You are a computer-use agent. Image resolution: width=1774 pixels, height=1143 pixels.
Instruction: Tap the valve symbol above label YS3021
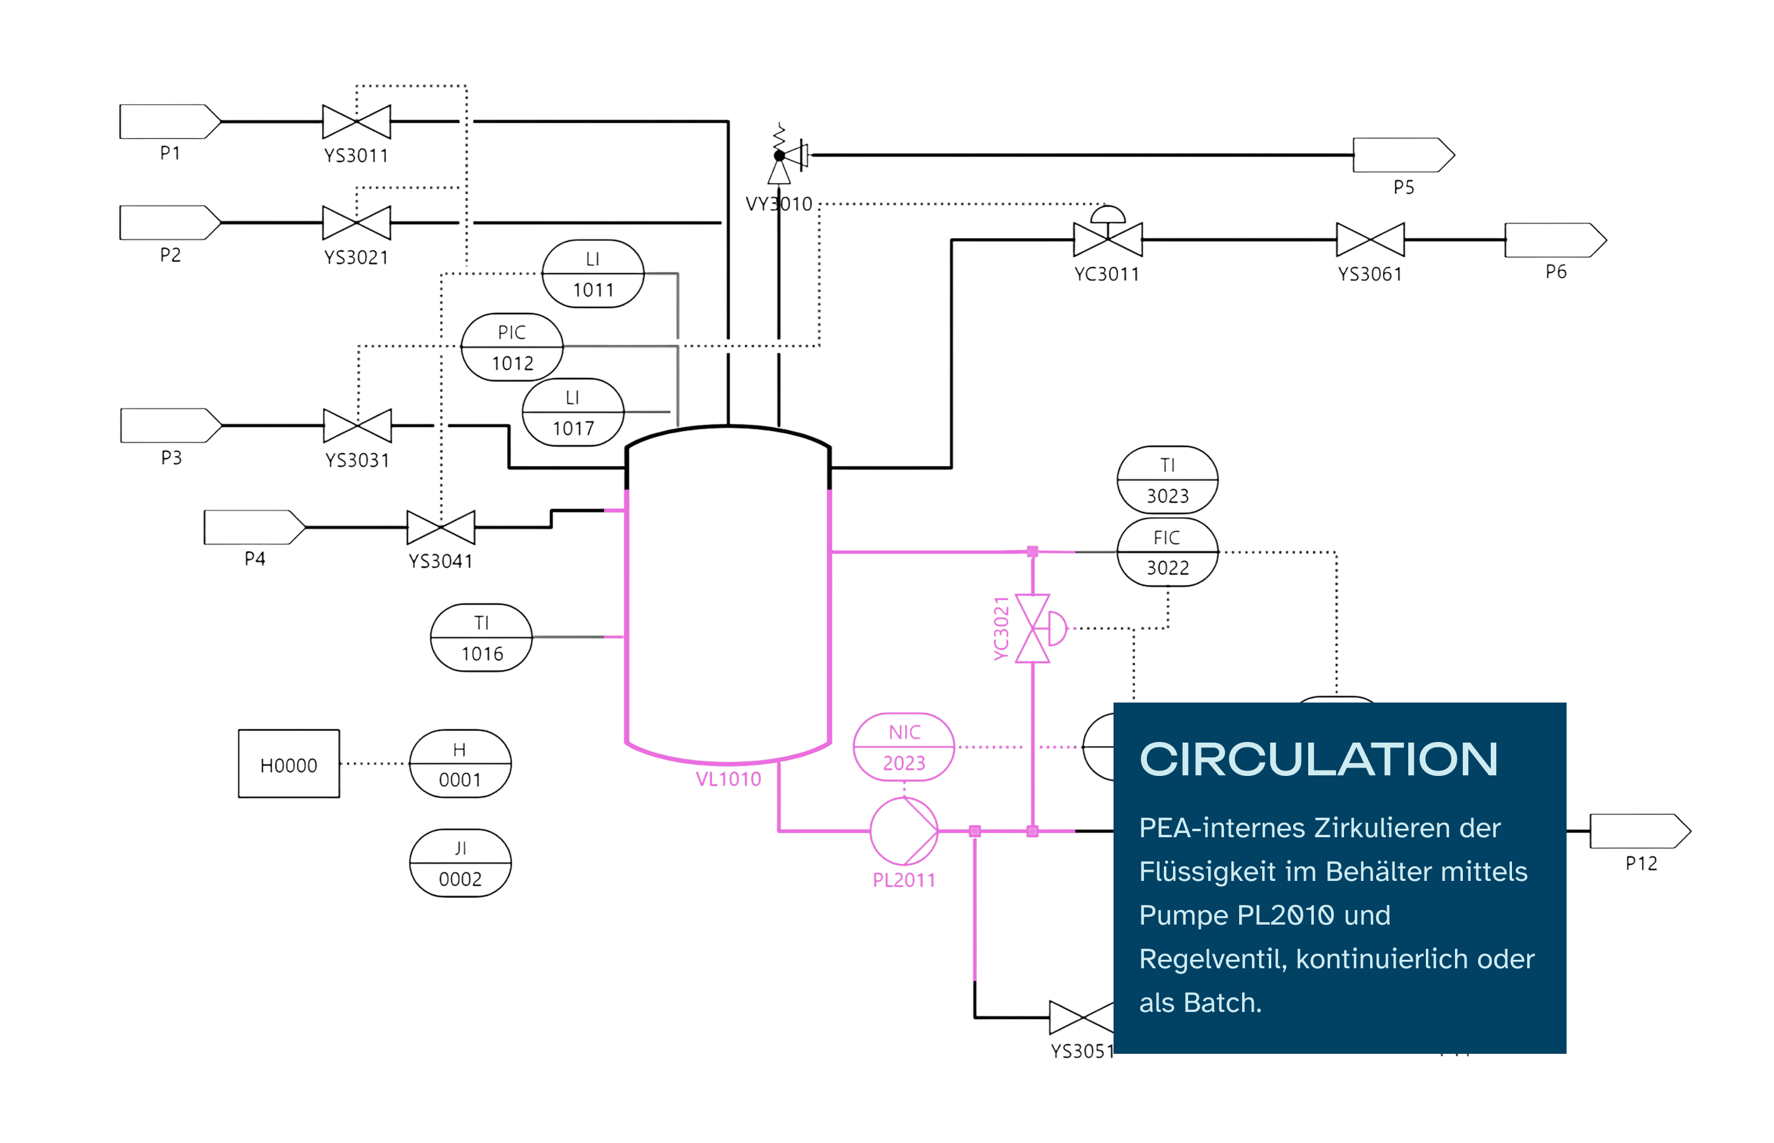click(x=356, y=223)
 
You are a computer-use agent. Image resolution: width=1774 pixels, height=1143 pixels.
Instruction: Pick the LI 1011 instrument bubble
click(x=592, y=273)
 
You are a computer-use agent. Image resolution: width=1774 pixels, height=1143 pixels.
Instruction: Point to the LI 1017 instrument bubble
click(x=572, y=412)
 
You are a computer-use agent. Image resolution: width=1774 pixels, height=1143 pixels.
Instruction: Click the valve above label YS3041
click(x=441, y=527)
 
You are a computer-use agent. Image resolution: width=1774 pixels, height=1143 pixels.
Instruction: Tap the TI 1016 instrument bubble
click(x=481, y=638)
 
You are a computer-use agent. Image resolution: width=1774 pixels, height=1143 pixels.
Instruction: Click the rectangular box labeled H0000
click(x=289, y=764)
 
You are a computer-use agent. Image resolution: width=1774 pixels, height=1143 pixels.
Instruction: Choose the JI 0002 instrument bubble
click(x=460, y=863)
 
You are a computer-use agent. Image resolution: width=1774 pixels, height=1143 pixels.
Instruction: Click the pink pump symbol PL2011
click(x=903, y=831)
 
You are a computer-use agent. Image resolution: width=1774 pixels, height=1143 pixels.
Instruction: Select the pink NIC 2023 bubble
click(x=903, y=747)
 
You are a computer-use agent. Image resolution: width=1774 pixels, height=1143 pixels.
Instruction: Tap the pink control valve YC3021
click(x=1033, y=628)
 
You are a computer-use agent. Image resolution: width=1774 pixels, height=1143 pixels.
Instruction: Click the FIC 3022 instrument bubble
click(x=1166, y=552)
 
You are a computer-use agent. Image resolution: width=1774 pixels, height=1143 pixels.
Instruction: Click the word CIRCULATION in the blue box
click(x=1318, y=760)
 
